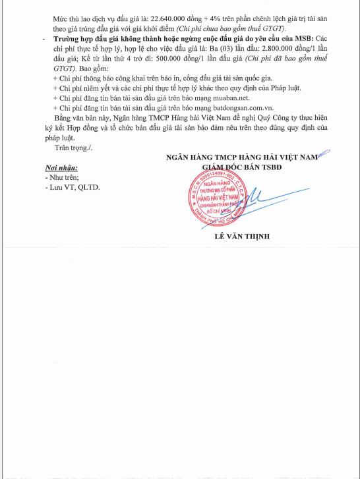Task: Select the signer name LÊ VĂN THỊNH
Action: [x=241, y=237]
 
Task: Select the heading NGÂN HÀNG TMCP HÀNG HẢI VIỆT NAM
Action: [x=241, y=157]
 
